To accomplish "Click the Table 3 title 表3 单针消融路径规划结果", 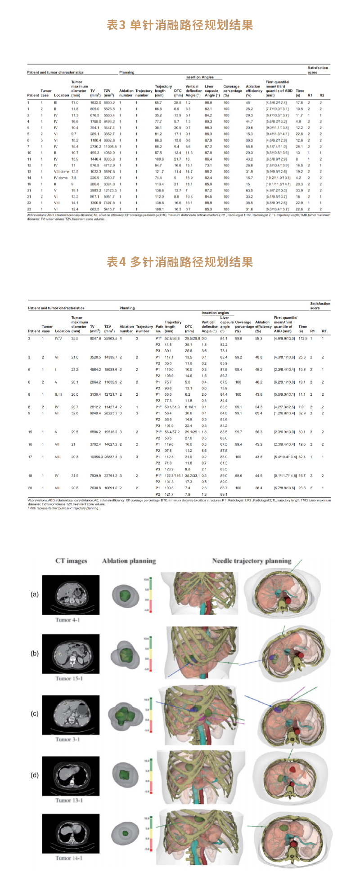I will click(180, 25).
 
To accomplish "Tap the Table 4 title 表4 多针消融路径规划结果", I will click(180, 262).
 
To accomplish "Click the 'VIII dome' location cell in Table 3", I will click(62, 171).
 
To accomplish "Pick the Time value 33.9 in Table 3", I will click(299, 190).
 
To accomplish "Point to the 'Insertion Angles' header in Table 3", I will click(199, 77).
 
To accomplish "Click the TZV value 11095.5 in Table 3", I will click(110, 146).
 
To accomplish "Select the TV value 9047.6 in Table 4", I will click(96, 338).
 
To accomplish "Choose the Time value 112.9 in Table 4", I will click(303, 338).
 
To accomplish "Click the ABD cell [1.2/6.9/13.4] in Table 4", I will click(284, 413).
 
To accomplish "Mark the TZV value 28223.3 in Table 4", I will click(111, 413).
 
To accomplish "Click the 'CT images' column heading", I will click(71, 561).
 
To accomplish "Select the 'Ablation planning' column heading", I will click(129, 561).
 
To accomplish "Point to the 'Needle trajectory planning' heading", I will click(252, 561).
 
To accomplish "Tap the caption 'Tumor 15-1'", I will click(69, 678).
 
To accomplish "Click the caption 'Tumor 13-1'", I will click(69, 800).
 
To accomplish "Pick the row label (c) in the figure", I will click(35, 714).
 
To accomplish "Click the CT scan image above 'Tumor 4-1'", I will click(71, 595).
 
